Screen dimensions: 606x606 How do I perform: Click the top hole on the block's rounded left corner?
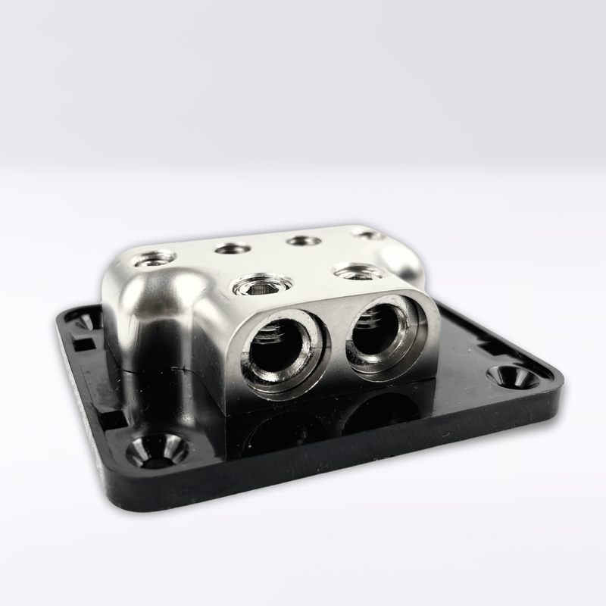click(153, 260)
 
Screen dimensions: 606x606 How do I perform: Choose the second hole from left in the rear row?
click(232, 248)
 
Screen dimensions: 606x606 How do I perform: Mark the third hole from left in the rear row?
click(304, 240)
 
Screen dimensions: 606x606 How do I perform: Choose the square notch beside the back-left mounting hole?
click(85, 345)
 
